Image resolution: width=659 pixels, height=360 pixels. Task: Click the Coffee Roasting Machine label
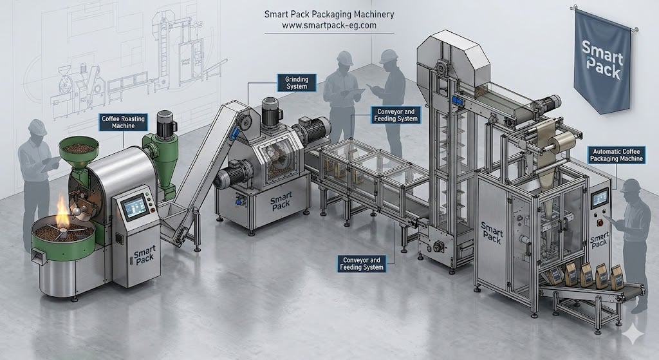click(123, 122)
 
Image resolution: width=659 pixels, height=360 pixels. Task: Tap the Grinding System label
click(297, 83)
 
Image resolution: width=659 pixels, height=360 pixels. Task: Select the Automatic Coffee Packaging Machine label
click(616, 155)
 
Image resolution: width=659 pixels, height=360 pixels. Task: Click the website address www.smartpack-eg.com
click(329, 25)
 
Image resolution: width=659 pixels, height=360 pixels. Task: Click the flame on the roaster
click(62, 211)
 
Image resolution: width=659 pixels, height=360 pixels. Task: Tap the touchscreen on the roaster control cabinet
click(135, 207)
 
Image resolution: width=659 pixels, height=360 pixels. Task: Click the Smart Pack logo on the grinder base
click(281, 202)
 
